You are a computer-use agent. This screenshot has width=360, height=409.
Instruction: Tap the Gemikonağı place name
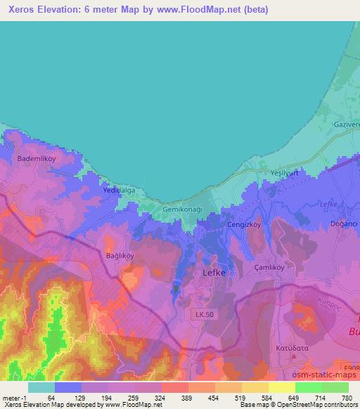[x=182, y=210]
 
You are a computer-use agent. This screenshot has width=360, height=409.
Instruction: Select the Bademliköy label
[x=37, y=159]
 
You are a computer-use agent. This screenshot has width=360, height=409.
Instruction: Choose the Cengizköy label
[x=244, y=223]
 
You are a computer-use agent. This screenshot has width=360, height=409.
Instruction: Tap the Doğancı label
[x=344, y=223]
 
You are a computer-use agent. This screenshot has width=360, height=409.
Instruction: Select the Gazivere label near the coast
[x=345, y=124]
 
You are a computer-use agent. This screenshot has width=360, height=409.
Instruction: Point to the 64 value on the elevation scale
[x=51, y=398]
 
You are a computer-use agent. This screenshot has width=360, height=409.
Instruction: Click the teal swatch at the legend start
[x=41, y=387]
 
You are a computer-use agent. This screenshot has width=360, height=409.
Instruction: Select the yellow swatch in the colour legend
[x=281, y=387]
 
